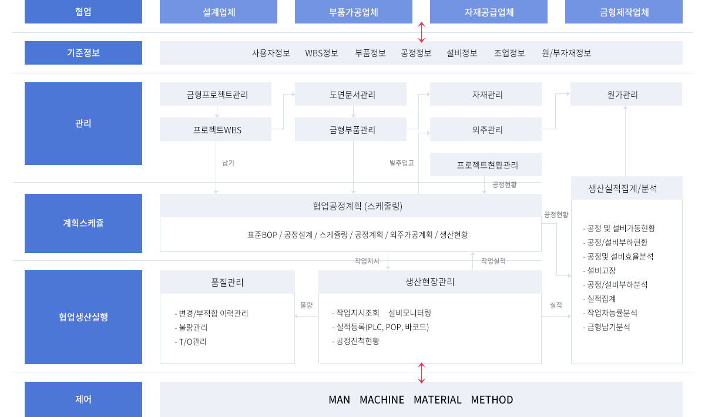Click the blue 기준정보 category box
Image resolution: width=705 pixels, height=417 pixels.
[83, 52]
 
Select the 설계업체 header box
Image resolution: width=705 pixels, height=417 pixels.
[219, 12]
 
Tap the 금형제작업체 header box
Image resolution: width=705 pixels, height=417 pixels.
[624, 12]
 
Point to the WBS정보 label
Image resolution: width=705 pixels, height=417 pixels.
[321, 53]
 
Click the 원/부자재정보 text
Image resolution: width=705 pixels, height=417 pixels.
[566, 53]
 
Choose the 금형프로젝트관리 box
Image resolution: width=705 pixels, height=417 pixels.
[216, 94]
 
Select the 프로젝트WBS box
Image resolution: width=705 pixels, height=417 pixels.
[216, 129]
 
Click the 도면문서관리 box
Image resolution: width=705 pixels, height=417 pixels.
[351, 94]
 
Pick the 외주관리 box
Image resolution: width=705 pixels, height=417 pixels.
[486, 129]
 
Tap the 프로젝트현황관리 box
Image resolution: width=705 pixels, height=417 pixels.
[486, 164]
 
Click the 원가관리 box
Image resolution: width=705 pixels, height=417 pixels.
[626, 94]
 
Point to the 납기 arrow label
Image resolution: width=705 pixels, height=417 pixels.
[228, 163]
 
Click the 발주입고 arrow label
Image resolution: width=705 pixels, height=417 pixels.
[402, 163]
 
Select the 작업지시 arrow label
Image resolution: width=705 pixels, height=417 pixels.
[367, 261]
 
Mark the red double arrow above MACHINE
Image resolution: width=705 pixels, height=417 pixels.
[421, 373]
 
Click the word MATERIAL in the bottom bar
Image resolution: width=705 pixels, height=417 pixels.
[438, 400]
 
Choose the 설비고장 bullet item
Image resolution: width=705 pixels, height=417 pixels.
[599, 271]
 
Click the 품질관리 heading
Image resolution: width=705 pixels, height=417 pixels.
[227, 283]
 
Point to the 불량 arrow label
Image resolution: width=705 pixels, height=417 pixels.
[306, 305]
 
